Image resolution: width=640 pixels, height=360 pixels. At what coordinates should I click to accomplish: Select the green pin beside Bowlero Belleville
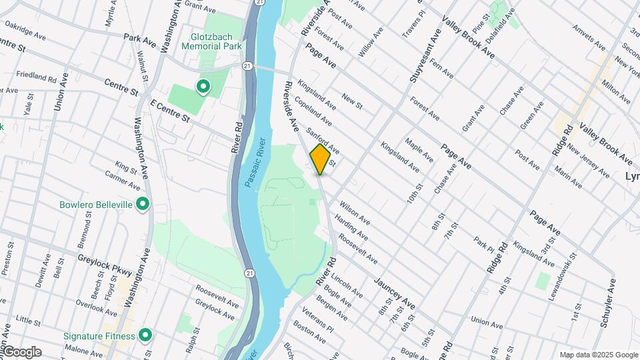(x=141, y=205)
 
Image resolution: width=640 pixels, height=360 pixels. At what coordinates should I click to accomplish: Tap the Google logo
(x=21, y=352)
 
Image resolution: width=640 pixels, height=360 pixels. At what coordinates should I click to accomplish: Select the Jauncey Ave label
(x=395, y=294)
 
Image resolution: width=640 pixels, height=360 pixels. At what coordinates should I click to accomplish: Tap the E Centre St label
(x=171, y=110)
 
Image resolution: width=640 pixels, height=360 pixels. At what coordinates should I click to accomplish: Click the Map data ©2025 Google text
(x=597, y=355)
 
